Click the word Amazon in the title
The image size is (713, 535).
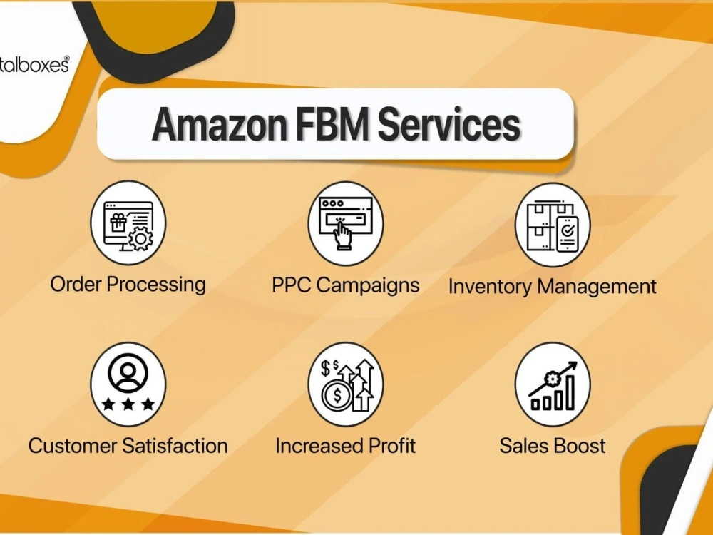pos(220,124)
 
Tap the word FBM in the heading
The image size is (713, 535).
pos(332,124)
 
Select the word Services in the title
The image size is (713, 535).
pos(448,124)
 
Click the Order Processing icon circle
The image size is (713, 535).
pos(128,223)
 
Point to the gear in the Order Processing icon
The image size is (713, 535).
pos(141,238)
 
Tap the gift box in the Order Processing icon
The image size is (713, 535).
pos(118,223)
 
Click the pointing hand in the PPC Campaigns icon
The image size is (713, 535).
pos(342,234)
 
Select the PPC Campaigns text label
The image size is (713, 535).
pos(345,286)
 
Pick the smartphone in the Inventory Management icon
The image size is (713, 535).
pos(567,234)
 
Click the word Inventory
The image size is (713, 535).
pos(489,287)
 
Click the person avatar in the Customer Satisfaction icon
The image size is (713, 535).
pos(128,373)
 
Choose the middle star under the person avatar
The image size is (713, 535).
pos(128,404)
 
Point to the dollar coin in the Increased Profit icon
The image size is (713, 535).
pos(337,395)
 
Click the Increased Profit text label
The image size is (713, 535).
pos(345,446)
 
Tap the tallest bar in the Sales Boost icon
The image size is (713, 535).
pos(570,392)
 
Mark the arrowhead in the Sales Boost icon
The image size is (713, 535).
pos(572,367)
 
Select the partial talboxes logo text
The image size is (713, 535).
pos(34,65)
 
